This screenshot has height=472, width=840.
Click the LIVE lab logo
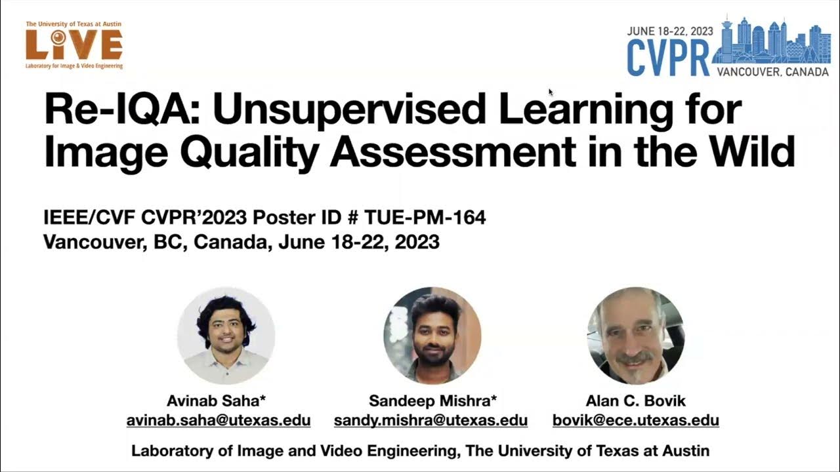pos(73,45)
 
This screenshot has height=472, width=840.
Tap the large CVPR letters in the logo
pos(667,58)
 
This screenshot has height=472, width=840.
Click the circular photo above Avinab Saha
pos(226,336)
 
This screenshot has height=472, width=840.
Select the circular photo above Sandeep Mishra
pos(432,336)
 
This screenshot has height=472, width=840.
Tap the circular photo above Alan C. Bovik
pos(635,336)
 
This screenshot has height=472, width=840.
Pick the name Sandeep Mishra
pos(432,401)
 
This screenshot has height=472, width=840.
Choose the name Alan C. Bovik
pos(635,401)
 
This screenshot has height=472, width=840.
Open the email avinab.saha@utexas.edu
pos(219,420)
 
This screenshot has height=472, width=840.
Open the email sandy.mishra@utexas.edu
pos(430,420)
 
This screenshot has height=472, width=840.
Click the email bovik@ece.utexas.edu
pos(635,420)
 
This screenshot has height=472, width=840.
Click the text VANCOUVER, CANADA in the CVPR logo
pos(772,71)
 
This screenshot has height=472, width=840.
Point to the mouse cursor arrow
pos(551,92)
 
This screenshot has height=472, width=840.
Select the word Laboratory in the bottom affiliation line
pos(173,451)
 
